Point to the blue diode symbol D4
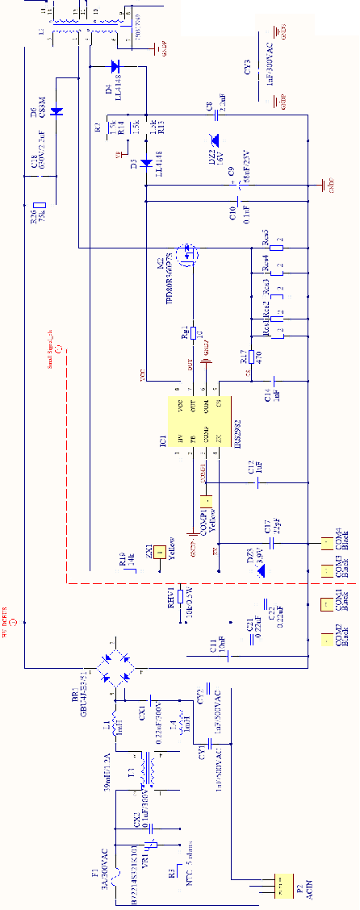point(114,66)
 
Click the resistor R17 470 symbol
point(253,357)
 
